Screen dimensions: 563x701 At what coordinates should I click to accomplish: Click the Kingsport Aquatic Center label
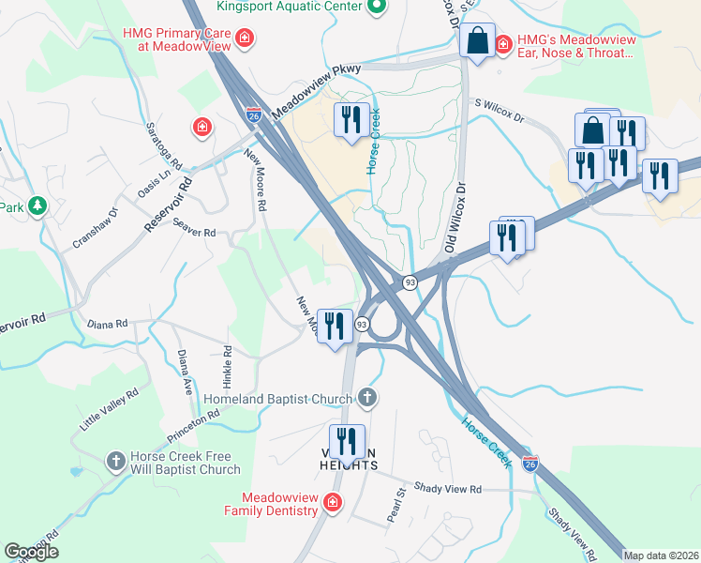289,7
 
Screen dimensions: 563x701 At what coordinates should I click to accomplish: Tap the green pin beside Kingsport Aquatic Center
377,8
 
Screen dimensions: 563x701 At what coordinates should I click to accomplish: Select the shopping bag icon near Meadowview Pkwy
478,42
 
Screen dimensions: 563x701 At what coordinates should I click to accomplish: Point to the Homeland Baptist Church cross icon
367,398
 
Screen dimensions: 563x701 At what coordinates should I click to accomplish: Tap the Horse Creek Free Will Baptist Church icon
115,461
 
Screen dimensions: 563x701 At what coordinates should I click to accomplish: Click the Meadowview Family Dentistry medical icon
331,504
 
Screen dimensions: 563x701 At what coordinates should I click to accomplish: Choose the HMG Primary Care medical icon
244,38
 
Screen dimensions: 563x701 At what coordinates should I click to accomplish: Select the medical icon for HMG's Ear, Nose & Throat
503,42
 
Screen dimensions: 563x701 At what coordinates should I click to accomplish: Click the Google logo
32,552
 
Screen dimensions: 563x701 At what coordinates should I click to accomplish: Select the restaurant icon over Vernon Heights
347,441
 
